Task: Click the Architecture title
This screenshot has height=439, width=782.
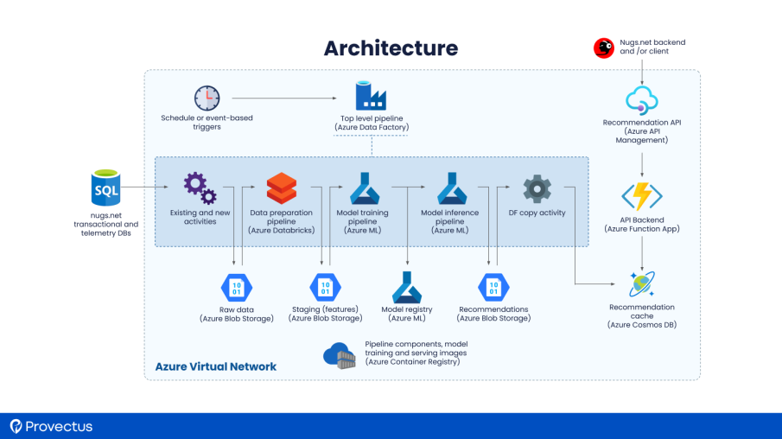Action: point(391,48)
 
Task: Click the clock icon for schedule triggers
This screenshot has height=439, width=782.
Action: point(207,99)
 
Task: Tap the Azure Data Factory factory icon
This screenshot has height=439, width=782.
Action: point(371,95)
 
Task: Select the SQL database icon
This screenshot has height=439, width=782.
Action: point(106,188)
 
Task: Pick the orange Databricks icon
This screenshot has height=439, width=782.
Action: point(282,188)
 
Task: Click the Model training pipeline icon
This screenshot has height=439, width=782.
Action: point(366,188)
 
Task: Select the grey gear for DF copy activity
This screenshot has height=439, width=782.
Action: point(537,188)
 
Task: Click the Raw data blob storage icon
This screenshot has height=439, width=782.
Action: point(236,287)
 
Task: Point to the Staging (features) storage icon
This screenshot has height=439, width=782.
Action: point(325,287)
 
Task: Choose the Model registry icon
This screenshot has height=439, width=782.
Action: point(407,287)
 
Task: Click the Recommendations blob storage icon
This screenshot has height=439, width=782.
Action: point(493,287)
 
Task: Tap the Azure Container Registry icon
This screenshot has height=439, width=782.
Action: point(340,354)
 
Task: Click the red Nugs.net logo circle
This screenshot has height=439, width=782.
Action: point(604,48)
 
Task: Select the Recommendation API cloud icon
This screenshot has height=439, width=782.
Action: point(641,99)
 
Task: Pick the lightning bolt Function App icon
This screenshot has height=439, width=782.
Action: point(641,196)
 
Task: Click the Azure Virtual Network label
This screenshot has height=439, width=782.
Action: point(216,366)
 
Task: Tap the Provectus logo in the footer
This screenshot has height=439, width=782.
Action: point(52,426)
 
